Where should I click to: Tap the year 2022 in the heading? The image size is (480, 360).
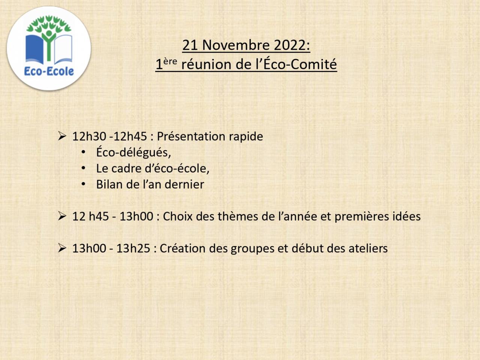[x=290, y=45]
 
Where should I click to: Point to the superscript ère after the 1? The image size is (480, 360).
[x=170, y=61]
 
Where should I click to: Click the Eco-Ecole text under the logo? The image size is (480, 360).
[x=49, y=72]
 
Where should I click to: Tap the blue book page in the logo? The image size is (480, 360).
[x=34, y=49]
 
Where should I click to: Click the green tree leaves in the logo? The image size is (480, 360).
[x=49, y=24]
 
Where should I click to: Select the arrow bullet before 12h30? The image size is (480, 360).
[x=62, y=136]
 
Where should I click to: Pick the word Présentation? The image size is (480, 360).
[x=191, y=136]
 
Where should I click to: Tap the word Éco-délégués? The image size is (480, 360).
[x=133, y=152]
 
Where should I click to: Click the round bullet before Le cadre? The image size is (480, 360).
[x=83, y=168]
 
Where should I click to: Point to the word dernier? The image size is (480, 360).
[x=184, y=184]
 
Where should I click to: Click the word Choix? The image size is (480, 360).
[x=178, y=216]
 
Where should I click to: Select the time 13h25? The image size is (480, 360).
[x=133, y=248]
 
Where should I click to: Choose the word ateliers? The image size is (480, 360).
[x=368, y=248]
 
